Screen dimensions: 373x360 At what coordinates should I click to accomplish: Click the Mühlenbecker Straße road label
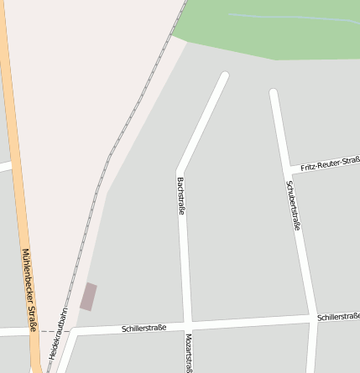(29, 290)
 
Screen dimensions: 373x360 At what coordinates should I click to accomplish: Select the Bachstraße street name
(180, 195)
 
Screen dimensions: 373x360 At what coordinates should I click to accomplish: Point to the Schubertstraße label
(294, 205)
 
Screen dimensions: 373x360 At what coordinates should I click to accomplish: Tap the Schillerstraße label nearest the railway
(143, 327)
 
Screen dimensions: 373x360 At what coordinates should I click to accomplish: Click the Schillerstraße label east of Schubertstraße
(338, 317)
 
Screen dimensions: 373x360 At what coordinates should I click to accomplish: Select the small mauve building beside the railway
(88, 297)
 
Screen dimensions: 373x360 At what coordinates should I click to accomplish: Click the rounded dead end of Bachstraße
(224, 76)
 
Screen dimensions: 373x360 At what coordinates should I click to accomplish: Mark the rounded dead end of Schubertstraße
(274, 92)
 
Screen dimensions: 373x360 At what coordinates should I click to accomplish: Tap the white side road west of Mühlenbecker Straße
(5, 166)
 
